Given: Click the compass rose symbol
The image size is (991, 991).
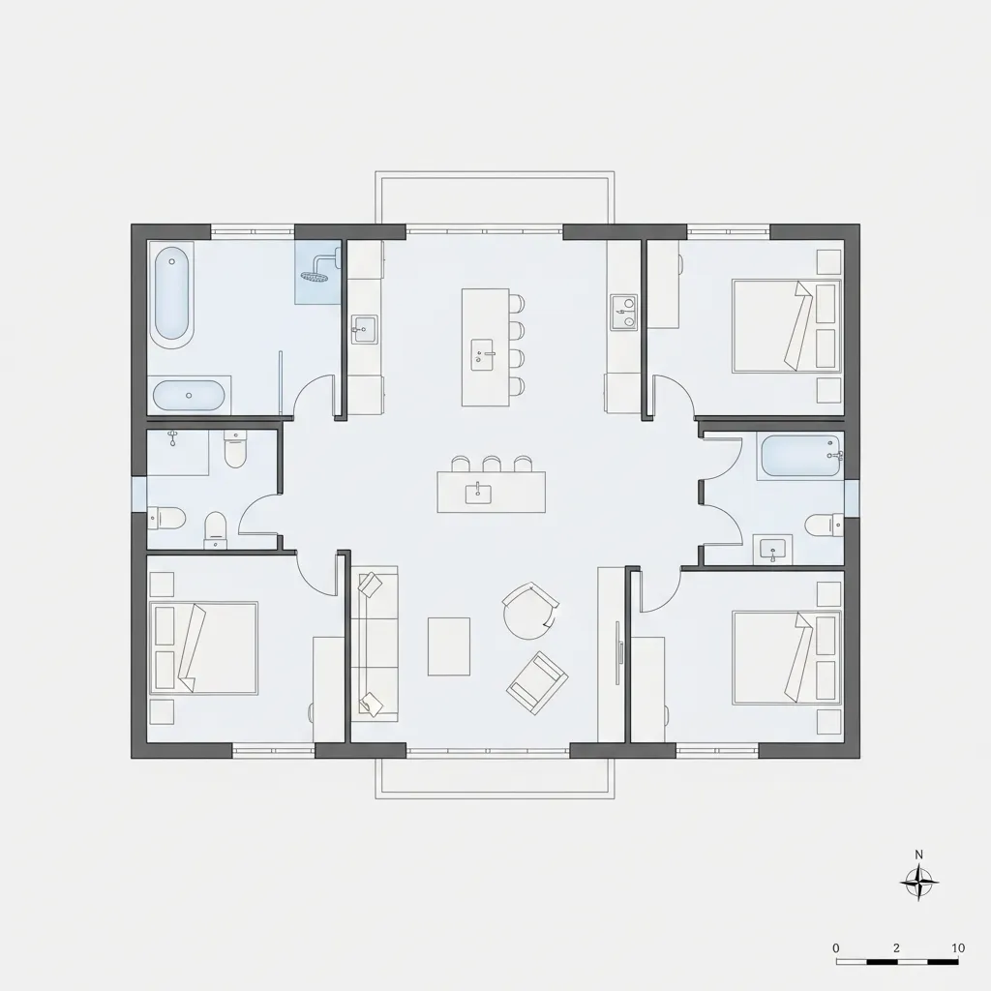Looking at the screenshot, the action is tap(919, 883).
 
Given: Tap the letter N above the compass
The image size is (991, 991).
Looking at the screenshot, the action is tap(919, 856).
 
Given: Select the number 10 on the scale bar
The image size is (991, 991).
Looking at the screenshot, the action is tap(958, 948).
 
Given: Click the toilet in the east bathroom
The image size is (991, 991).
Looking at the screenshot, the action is tap(825, 526).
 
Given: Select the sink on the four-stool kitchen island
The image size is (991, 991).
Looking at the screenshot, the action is tap(484, 354).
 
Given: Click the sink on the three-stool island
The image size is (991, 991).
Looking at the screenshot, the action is tap(478, 493).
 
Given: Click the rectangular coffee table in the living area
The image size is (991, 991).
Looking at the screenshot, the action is tap(449, 646).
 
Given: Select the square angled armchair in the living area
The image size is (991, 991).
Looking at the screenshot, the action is tap(536, 683).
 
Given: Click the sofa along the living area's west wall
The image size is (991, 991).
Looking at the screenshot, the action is tap(375, 644).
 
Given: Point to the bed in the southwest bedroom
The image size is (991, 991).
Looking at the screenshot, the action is tap(203, 647).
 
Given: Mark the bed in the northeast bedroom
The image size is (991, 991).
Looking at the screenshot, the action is tap(787, 326).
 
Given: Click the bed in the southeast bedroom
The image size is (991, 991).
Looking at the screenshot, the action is tap(787, 658).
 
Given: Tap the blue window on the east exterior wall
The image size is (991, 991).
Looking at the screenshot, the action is tap(852, 497).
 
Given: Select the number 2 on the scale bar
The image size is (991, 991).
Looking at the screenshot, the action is tap(896, 948).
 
